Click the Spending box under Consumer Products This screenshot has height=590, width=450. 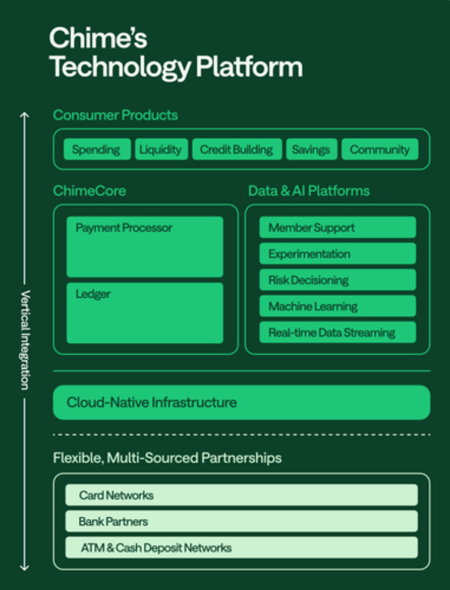pos(97,149)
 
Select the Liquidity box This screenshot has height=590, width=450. pos(161,149)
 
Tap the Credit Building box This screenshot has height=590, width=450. pos(237,149)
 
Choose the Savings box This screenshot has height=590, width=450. pos(311,149)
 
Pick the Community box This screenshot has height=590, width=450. pos(380,149)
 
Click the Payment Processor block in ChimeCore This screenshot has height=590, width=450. pos(145,247)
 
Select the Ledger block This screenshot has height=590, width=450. pos(145,313)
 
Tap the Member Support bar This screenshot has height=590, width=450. pos(338,227)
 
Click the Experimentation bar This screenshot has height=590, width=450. pos(338,253)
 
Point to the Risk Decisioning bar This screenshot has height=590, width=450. pos(338,280)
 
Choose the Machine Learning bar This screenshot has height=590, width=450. pos(338,306)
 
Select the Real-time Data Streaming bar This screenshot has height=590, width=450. pos(338,332)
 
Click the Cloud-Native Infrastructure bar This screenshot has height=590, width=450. pos(241,403)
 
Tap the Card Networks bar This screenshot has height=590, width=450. pos(241,495)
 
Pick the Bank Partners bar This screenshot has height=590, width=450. pos(241,521)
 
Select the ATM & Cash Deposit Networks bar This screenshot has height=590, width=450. pos(241,547)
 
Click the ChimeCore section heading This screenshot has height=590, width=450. pos(89,191)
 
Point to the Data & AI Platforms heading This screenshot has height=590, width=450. pos(309,191)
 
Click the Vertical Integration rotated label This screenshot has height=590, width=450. pos(25,340)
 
